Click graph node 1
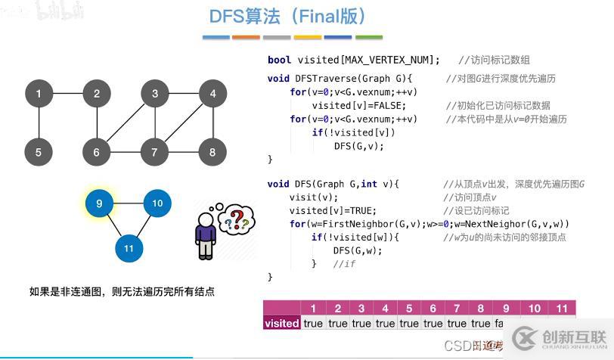point(39,94)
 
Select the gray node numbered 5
point(39,152)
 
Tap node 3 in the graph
point(155,94)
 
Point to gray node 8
point(212,152)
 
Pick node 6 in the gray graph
point(97,152)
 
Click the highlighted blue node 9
point(99,203)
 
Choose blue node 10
point(157,203)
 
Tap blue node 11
point(129,248)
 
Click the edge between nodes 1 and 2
point(68,94)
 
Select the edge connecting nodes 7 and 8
point(184,152)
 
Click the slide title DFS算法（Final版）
point(287,16)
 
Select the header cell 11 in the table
point(562,308)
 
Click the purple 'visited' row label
point(282,323)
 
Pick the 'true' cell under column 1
point(313,323)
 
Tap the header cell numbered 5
point(409,308)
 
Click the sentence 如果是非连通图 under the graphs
point(122,291)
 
